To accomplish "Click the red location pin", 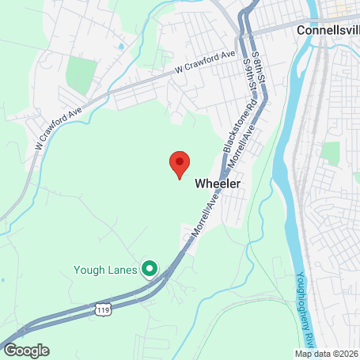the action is (x=180, y=164).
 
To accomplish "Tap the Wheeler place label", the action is (x=217, y=183).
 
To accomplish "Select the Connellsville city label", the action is (x=328, y=30).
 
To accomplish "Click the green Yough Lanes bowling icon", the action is (x=149, y=268).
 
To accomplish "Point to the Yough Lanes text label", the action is (x=107, y=268).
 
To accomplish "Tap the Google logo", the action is (x=25, y=350).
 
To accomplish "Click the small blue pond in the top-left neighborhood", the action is (x=120, y=47).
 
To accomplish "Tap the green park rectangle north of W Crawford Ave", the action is (x=80, y=74).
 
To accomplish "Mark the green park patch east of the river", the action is (x=331, y=153).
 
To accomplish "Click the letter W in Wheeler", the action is (x=199, y=183).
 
